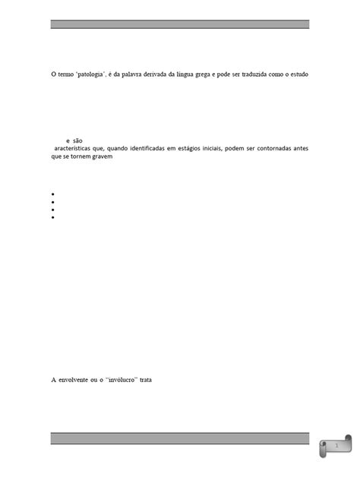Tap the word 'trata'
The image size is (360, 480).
coord(146,379)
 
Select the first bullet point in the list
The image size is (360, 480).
coord(54,195)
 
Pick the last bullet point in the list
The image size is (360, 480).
coord(54,217)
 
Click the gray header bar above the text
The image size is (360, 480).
coord(180,24)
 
